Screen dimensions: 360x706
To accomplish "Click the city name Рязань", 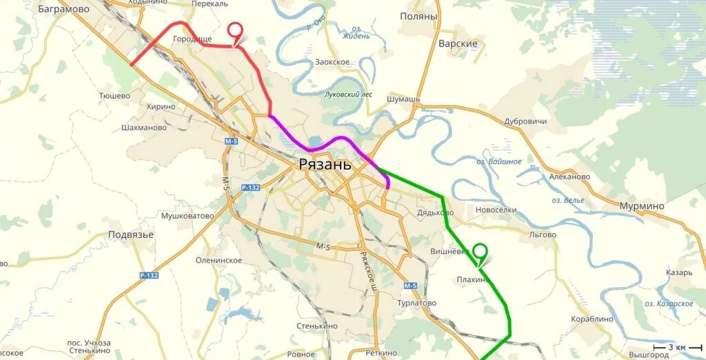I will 325,164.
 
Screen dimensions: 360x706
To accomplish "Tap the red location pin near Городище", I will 236,32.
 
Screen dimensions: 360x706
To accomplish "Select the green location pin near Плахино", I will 480,252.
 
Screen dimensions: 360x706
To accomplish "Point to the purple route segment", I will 324,143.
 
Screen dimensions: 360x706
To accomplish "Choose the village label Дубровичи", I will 525,121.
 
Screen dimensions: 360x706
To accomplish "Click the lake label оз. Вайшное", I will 498,161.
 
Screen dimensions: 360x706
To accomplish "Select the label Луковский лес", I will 348,94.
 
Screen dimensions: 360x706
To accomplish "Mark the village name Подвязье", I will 131,234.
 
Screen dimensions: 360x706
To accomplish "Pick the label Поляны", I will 418,16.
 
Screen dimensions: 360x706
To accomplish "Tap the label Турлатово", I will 417,303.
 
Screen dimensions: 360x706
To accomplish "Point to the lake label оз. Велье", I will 567,200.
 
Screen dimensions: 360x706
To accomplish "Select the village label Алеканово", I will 569,177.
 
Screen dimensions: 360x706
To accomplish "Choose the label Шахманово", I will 143,128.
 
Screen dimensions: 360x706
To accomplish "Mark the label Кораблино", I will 592,319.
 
